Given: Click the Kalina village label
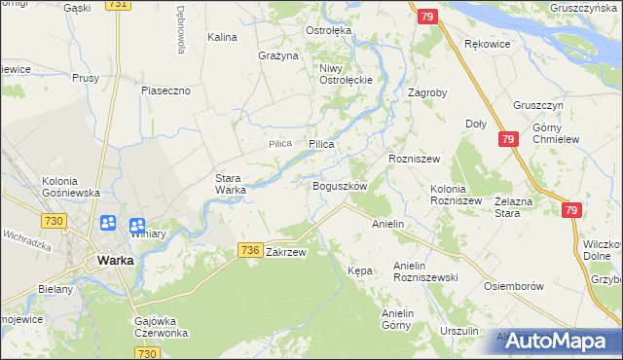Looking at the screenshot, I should [x=223, y=37].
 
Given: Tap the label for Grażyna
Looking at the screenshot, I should [x=277, y=55].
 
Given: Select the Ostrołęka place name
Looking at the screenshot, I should [x=329, y=31].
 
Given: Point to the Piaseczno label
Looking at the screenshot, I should [x=165, y=90].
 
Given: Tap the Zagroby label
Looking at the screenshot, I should [x=426, y=93].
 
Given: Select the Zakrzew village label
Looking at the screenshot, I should [x=286, y=252].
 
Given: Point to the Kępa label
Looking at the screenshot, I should [x=360, y=270].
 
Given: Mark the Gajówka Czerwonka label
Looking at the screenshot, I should [x=161, y=326].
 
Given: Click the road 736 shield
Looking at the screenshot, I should [x=249, y=250].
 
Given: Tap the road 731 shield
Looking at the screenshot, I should [x=117, y=5].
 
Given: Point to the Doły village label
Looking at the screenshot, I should [x=476, y=124].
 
